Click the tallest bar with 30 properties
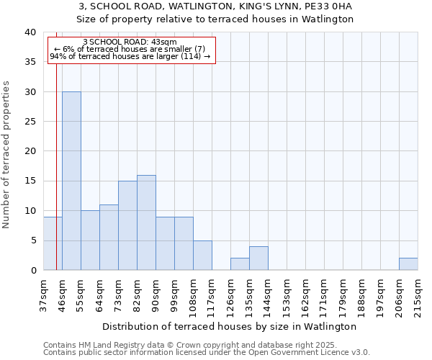[x=71, y=181]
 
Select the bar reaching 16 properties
[x=146, y=222]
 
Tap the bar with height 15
[x=127, y=225]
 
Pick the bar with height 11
[x=109, y=238]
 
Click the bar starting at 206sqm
[x=408, y=264]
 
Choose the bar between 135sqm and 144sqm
[x=258, y=258]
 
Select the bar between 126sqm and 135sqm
[x=240, y=264]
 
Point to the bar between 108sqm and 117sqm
[x=202, y=256]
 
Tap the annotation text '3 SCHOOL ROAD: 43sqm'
[x=130, y=42]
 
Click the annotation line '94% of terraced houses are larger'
[x=130, y=56]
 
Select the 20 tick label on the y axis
[x=30, y=151]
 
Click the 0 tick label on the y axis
[x=33, y=270]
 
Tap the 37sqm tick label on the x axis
[x=43, y=293]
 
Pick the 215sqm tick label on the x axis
[x=418, y=295]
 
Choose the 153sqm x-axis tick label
[x=287, y=295]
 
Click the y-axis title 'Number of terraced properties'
[x=7, y=154]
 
